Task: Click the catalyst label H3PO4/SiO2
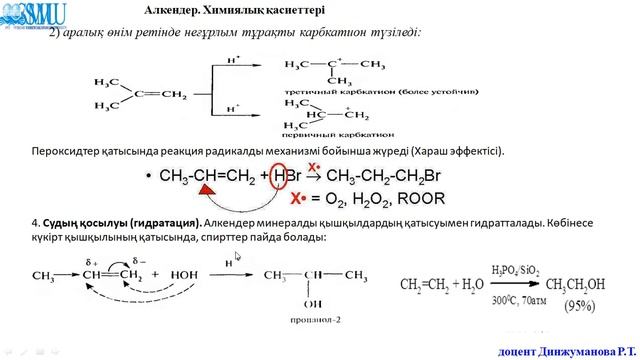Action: (x=513, y=270)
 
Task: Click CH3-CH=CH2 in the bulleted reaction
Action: (x=210, y=178)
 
